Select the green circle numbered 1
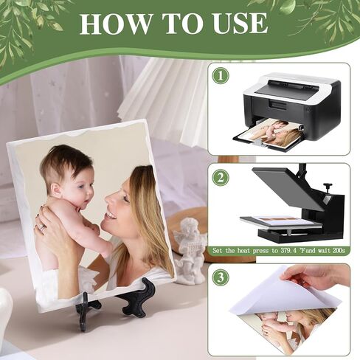pyautogui.click(x=221, y=76)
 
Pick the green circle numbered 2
pyautogui.click(x=221, y=178)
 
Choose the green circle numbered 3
pyautogui.click(x=221, y=277)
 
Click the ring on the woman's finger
pyautogui.click(x=41, y=226)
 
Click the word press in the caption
pyautogui.click(x=261, y=251)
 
